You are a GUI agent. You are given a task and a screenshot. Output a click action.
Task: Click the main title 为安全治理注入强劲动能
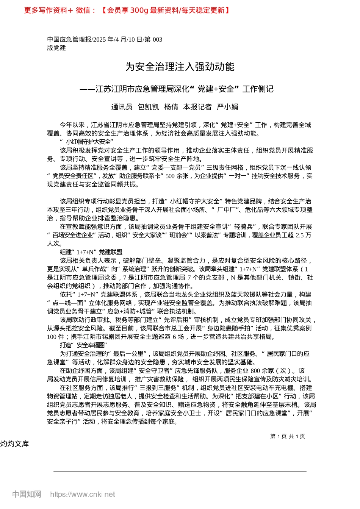pos(180,67)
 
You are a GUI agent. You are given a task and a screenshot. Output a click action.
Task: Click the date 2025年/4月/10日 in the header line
pos(118,39)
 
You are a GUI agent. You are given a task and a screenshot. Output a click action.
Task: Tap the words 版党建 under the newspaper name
pos(56,48)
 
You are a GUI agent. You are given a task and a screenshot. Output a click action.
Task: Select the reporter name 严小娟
pos(227,107)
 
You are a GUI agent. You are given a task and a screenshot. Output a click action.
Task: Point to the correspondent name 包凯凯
pos(148,107)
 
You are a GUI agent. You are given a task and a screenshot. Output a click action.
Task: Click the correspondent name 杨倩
pos(171,107)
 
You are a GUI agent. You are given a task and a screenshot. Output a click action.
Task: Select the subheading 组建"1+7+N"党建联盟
pos(91,252)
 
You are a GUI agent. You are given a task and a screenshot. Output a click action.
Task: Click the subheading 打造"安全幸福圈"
pos(84,345)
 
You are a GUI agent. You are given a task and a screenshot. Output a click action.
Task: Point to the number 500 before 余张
pos(170,176)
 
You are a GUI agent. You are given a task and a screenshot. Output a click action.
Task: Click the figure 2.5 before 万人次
pos(299,235)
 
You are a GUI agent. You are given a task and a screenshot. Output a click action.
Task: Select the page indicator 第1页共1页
pos(288,436)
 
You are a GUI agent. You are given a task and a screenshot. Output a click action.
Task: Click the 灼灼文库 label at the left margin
pos(14,444)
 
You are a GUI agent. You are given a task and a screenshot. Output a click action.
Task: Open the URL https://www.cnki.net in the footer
pos(83,494)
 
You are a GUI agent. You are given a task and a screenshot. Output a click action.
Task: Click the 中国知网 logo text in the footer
pos(27,494)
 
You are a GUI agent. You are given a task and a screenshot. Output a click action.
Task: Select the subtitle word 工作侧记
pos(258,89)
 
